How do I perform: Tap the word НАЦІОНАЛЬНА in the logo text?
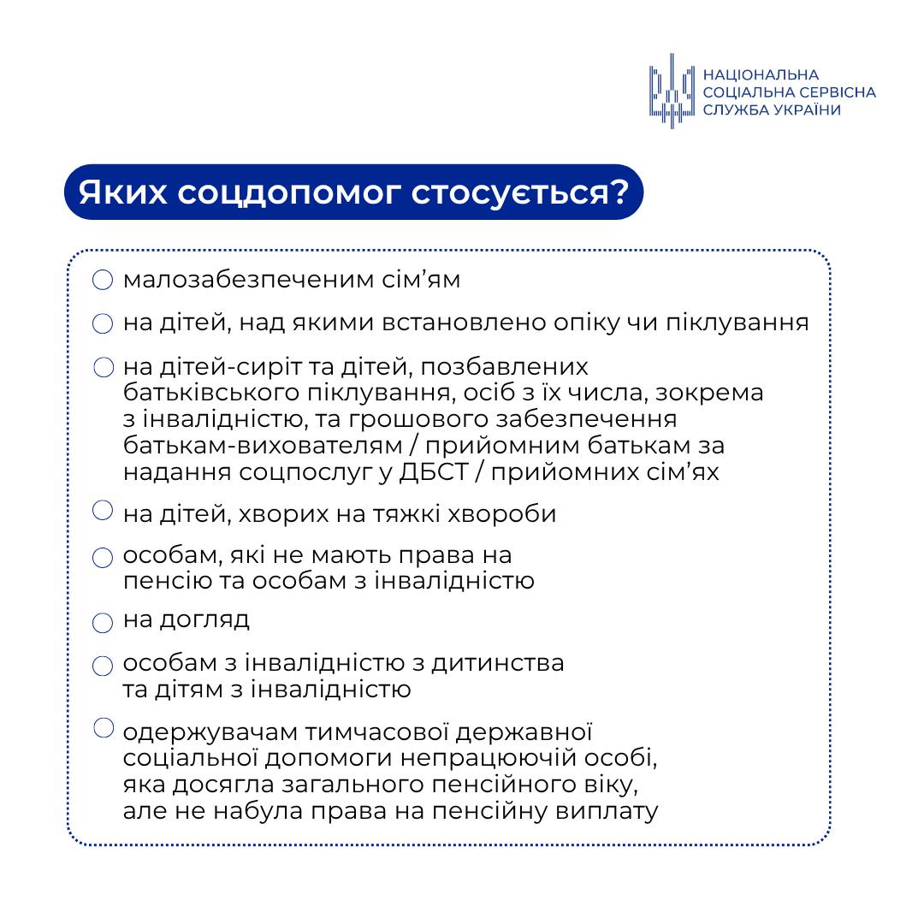coord(761,75)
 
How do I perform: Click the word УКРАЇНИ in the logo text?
coord(802,110)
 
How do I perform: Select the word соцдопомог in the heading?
coord(287,192)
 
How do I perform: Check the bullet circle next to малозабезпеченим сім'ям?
coord(103,281)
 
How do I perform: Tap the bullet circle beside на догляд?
coord(103,622)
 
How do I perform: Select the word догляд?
coord(204,619)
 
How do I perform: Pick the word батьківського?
coord(210,394)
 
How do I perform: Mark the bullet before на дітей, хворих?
coord(103,511)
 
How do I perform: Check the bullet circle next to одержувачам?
coord(103,728)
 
